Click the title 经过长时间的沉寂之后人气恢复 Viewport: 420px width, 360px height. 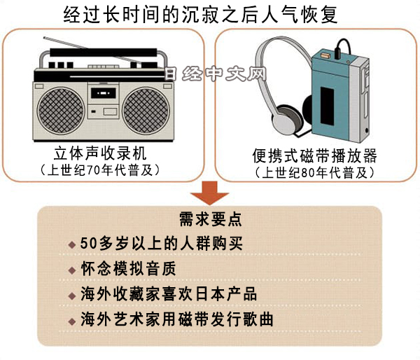pyautogui.click(x=209, y=14)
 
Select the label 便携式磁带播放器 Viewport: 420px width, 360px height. pyautogui.click(x=314, y=155)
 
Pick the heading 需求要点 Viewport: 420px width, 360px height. pyautogui.click(x=210, y=219)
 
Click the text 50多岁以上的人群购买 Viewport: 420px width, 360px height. pyautogui.click(x=164, y=244)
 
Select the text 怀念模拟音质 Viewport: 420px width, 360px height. pyautogui.click(x=127, y=269)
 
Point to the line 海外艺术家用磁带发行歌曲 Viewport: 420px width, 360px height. pyautogui.click(x=179, y=320)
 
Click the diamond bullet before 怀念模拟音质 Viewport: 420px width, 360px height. pyautogui.click(x=72, y=270)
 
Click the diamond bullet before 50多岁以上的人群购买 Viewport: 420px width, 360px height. pyautogui.click(x=72, y=244)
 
